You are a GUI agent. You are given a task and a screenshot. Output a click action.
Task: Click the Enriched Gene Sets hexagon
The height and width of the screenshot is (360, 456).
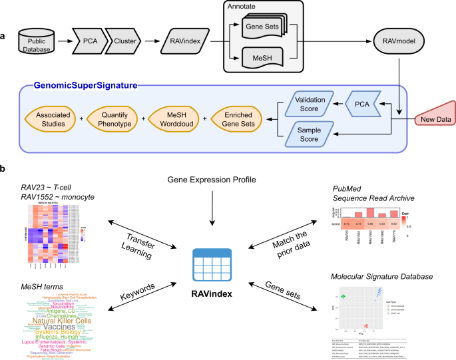[x=237, y=119]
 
